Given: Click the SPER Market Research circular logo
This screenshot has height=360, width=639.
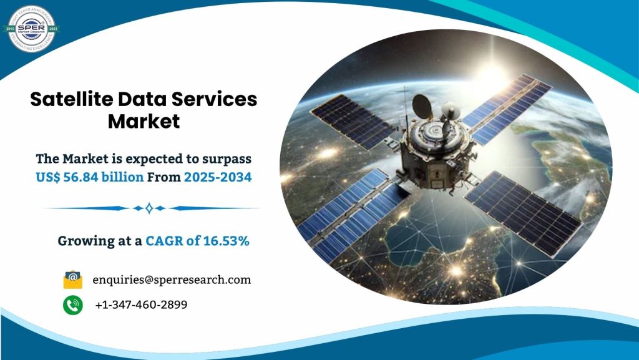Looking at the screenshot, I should [x=31, y=27].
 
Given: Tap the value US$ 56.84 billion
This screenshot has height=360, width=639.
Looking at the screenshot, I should [x=90, y=177].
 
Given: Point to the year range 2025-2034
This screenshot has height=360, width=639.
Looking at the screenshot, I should [x=217, y=177].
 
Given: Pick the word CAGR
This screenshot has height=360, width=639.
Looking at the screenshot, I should [x=165, y=241].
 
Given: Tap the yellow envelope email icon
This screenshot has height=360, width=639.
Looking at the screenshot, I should [x=73, y=279].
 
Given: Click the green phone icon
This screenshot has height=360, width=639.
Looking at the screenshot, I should [x=73, y=304].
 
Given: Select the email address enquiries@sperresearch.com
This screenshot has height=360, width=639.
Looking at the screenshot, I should [x=172, y=280].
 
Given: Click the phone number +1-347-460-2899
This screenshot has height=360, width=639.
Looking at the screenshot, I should [x=141, y=304].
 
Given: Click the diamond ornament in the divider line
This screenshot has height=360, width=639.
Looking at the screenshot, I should [x=149, y=208].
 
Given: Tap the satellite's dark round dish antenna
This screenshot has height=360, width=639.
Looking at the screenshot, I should [x=421, y=104].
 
